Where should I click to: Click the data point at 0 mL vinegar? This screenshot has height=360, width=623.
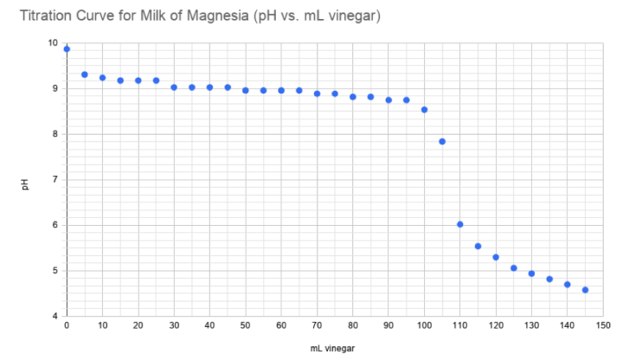(67, 49)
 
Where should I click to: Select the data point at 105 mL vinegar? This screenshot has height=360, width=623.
(442, 141)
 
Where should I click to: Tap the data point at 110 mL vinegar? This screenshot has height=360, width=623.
(460, 224)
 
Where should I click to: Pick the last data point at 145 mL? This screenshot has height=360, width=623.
(585, 290)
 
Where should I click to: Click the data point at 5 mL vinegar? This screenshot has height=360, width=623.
(85, 74)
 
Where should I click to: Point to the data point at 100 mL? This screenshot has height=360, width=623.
(424, 110)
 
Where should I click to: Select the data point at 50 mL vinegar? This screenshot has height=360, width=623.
(246, 90)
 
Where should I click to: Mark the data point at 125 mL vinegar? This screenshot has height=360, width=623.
(514, 268)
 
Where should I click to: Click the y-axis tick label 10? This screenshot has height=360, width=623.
(54, 43)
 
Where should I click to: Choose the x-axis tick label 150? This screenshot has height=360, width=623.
(603, 326)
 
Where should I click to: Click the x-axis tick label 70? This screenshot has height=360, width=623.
(317, 326)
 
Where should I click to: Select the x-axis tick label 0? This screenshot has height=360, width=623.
(67, 326)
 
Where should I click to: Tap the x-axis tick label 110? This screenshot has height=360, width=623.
(460, 326)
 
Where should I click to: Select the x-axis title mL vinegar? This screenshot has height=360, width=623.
(335, 348)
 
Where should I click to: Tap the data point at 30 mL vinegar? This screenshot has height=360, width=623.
(174, 87)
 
